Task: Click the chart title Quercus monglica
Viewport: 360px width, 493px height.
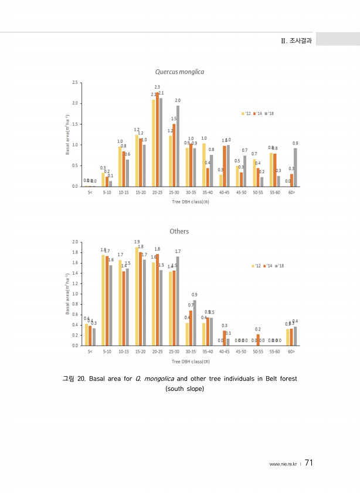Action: tap(179, 72)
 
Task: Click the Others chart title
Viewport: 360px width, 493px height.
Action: tap(179, 231)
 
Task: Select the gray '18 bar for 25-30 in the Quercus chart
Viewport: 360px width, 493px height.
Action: tap(178, 146)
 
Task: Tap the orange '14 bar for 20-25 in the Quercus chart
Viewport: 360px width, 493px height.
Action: tap(157, 139)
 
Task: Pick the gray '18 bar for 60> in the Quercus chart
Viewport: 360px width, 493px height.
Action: tap(295, 167)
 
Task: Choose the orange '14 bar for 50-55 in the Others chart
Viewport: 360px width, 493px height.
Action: tap(258, 340)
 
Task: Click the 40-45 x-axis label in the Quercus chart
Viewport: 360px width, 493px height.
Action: tap(224, 192)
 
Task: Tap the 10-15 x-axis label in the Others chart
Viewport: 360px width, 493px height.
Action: tap(123, 352)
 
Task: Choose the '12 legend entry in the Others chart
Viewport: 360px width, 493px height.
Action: tap(256, 266)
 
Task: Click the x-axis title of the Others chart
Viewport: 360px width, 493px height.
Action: tap(191, 361)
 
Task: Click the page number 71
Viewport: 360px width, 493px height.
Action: tap(309, 462)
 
